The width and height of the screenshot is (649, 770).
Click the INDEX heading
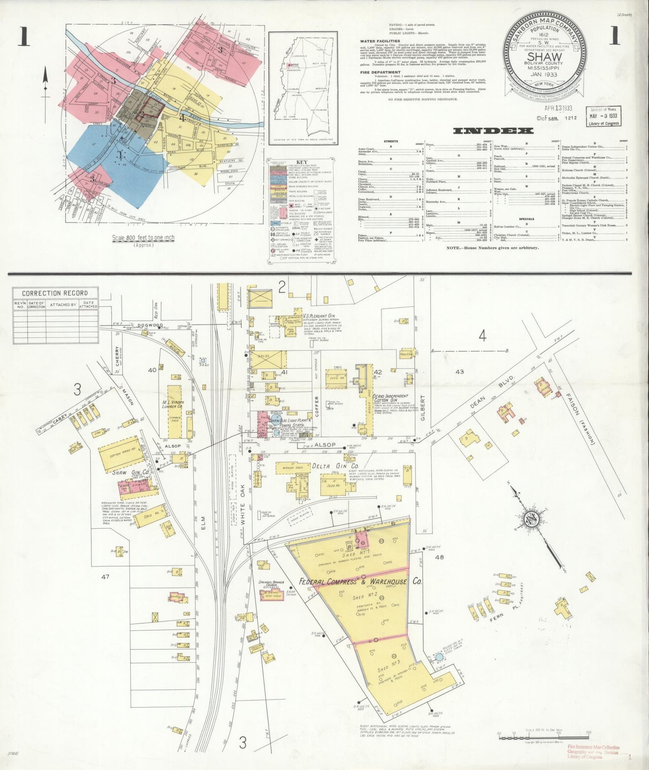[x=493, y=131]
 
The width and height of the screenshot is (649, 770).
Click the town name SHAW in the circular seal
[x=544, y=57]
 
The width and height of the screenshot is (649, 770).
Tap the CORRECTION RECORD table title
[x=55, y=293]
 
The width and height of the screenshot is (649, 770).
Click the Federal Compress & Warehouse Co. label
[x=361, y=581]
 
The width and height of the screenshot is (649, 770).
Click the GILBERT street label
[x=422, y=407]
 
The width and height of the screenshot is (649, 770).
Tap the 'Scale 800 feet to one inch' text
[x=144, y=238]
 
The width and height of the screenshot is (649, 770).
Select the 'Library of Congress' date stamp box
[x=603, y=116]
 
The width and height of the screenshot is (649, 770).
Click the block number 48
[x=439, y=558]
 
